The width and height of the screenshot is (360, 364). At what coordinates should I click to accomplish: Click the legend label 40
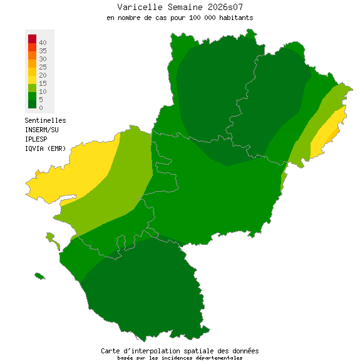(x=43, y=42)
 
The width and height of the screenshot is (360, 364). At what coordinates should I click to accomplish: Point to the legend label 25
(x=43, y=66)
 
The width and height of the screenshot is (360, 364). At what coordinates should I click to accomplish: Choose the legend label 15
(x=43, y=83)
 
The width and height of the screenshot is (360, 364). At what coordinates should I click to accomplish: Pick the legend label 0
(x=41, y=108)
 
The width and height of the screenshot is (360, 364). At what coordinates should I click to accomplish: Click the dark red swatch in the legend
(x=32, y=39)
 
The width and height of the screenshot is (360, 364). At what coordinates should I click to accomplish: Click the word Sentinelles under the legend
(x=45, y=120)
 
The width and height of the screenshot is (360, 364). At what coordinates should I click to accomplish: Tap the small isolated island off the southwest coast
(x=39, y=276)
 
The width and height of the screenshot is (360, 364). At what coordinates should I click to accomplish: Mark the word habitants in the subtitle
(x=235, y=18)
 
